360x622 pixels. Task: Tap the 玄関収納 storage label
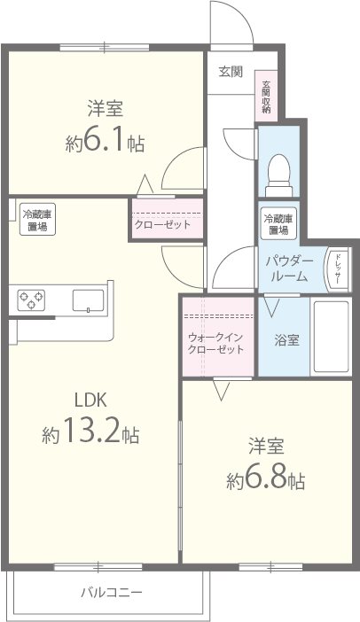click(x=266, y=97)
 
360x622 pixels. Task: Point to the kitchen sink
click(x=87, y=299)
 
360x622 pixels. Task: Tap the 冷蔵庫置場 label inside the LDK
click(x=35, y=221)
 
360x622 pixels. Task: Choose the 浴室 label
click(x=285, y=338)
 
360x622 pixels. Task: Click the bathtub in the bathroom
click(x=333, y=337)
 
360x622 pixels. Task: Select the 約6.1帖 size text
click(x=105, y=143)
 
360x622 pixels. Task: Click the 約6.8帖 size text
click(x=266, y=480)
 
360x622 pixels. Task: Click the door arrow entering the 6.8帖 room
click(x=221, y=387)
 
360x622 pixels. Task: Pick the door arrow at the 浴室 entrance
click(x=271, y=308)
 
